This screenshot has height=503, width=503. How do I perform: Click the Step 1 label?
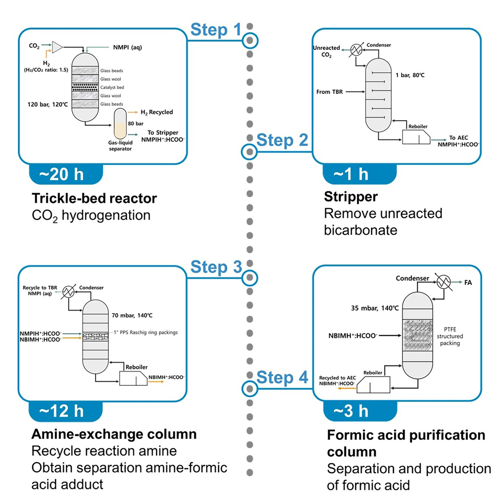pos(216,30)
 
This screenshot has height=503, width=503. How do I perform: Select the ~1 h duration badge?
pos(350,175)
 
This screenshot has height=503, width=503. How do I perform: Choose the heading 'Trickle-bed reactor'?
pos(94,198)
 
